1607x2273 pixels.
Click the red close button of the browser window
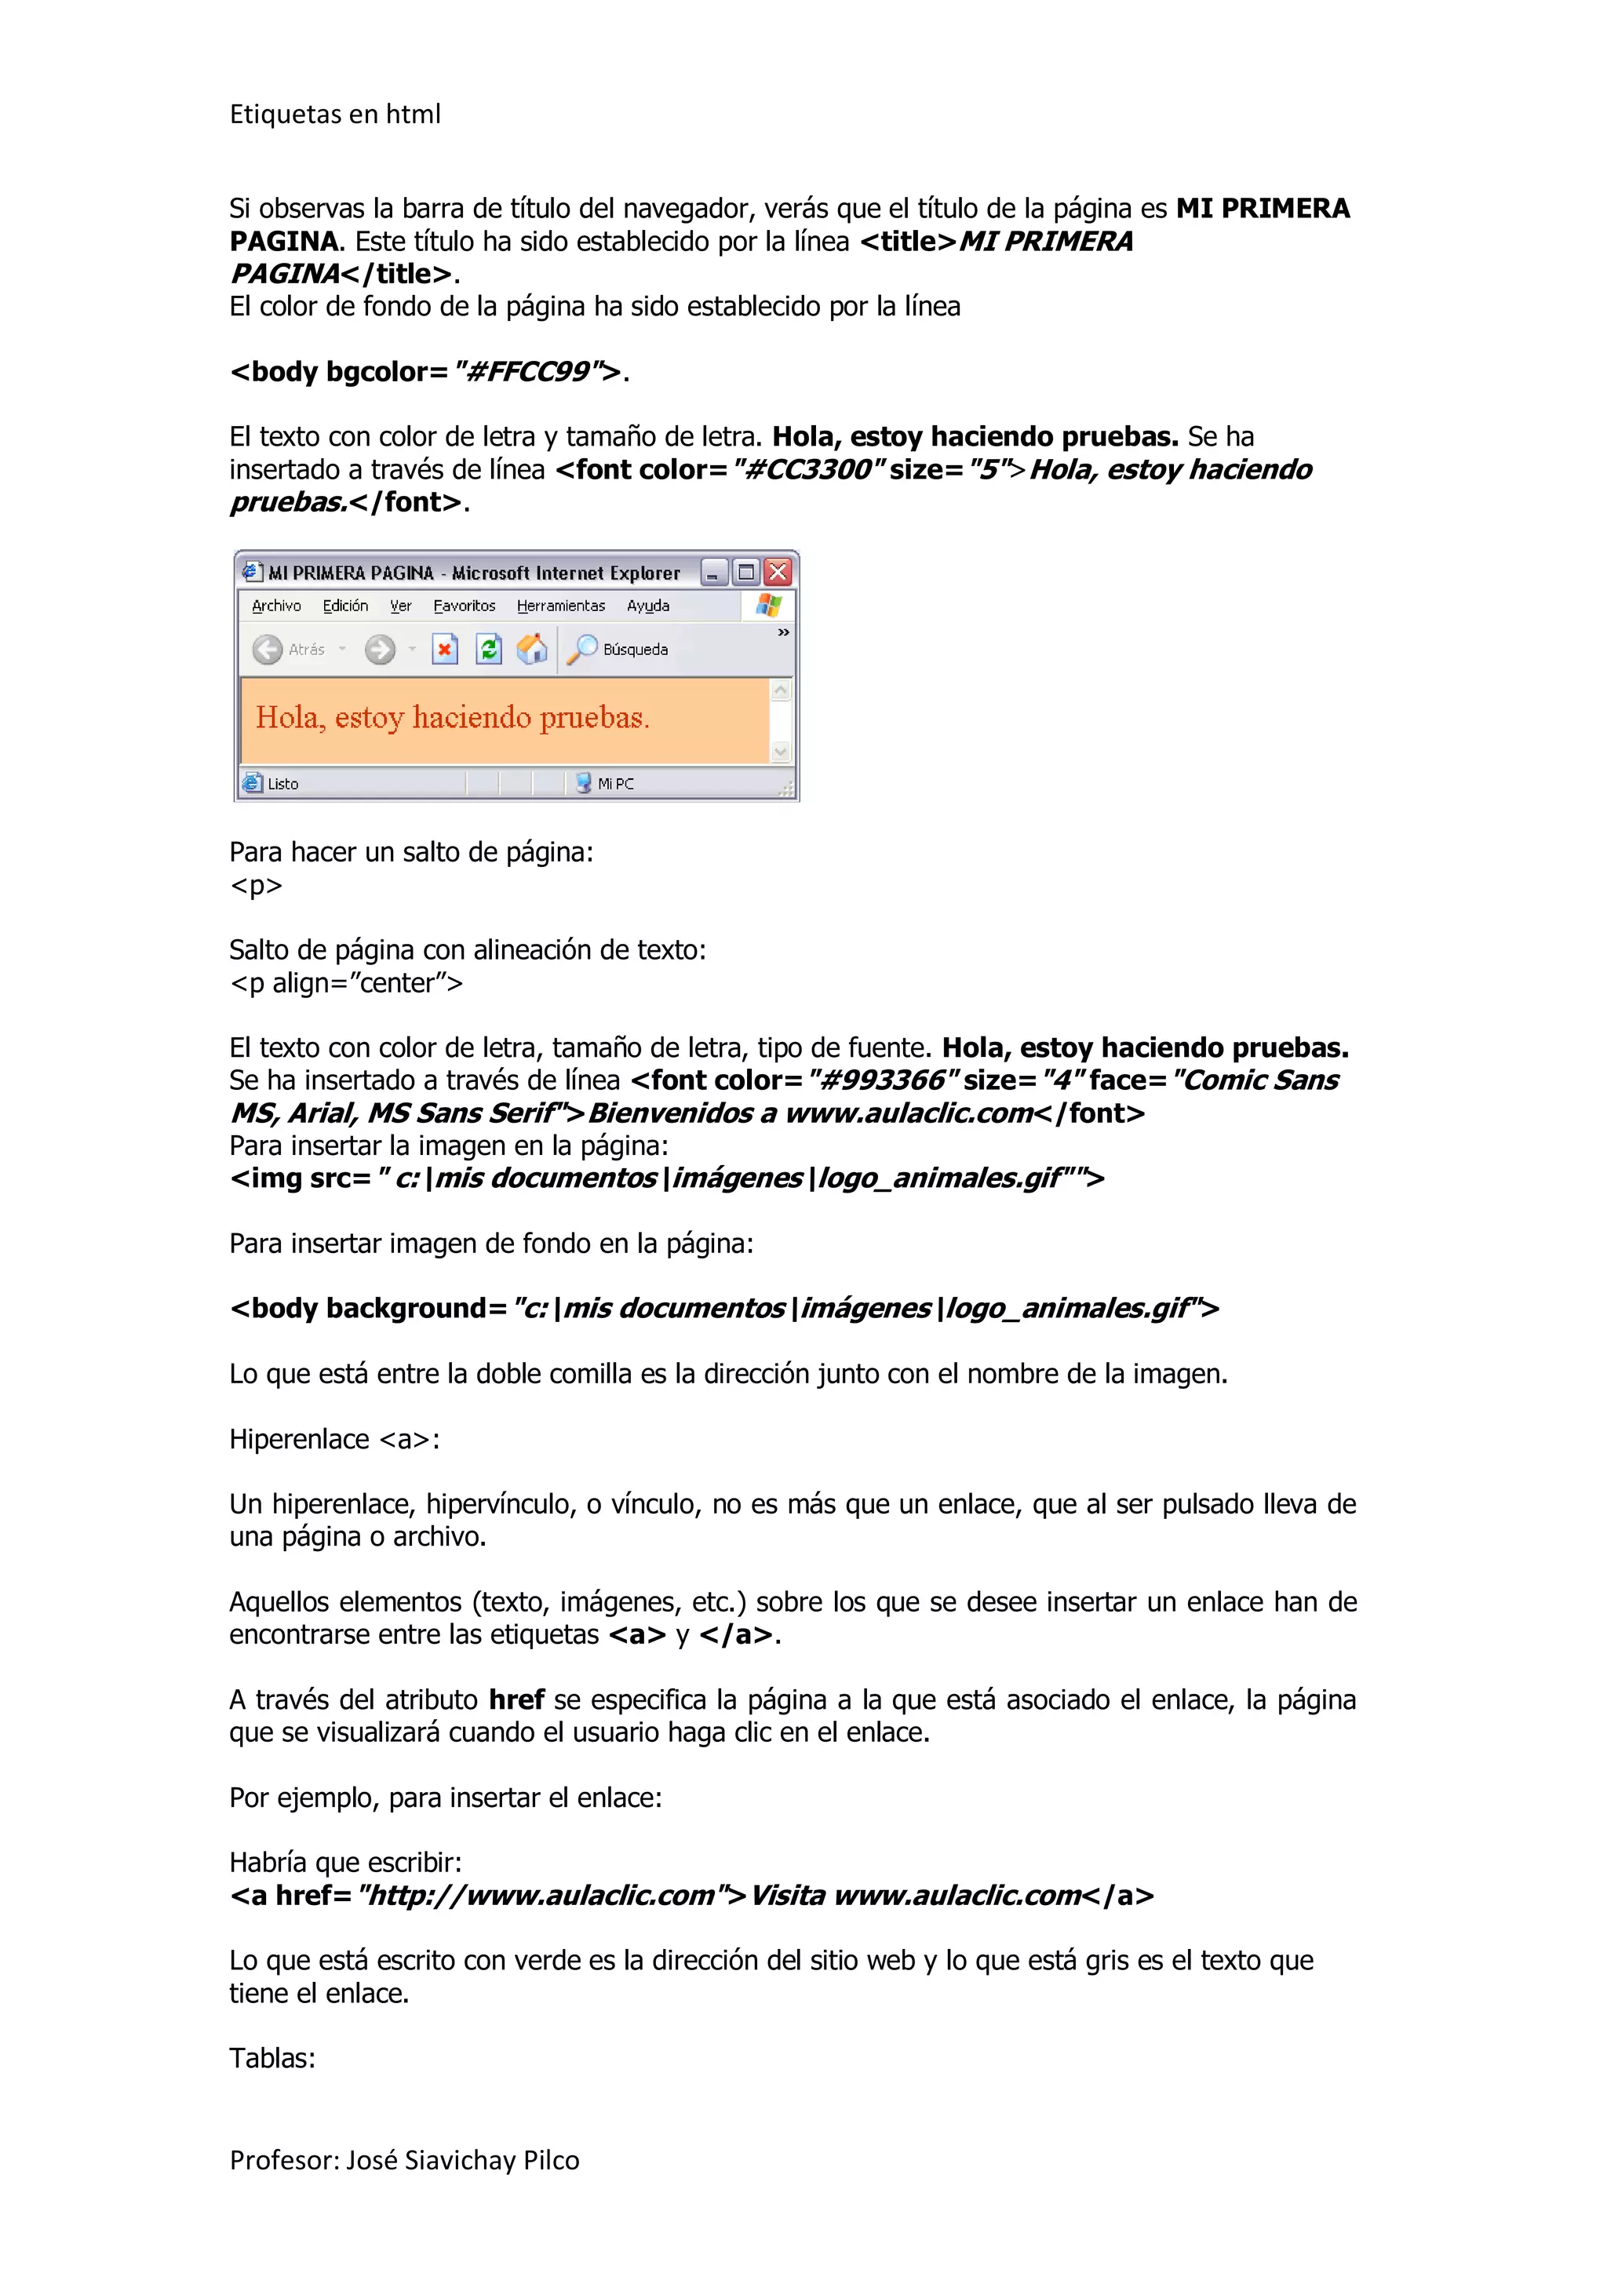click(778, 572)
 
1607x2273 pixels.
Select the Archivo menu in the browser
click(276, 606)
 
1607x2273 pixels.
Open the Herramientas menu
click(560, 606)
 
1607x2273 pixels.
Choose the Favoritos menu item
click(465, 606)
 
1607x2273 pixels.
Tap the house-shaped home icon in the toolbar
click(532, 650)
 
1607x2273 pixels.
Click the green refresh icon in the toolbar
click(488, 650)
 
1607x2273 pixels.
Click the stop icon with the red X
click(445, 650)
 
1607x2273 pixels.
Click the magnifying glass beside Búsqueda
click(583, 648)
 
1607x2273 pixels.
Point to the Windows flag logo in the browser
click(768, 604)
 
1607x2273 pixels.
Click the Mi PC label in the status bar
click(615, 784)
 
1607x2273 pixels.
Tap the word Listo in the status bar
click(282, 784)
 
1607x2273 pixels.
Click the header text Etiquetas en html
click(335, 115)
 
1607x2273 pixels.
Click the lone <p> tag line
click(256, 885)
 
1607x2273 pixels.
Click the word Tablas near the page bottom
click(271, 2058)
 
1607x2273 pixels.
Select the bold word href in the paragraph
click(516, 1699)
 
